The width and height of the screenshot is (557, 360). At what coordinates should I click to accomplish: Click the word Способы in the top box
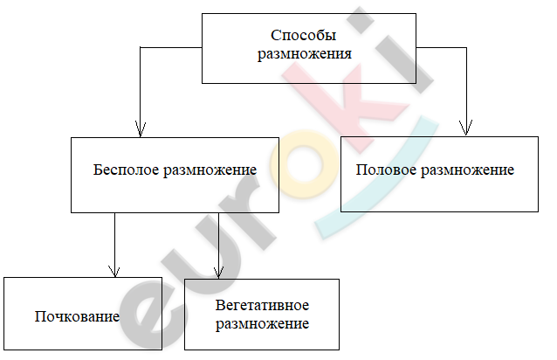click(x=303, y=36)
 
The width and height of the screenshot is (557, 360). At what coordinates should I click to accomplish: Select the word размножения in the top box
click(x=305, y=54)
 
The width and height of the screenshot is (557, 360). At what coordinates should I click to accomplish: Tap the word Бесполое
click(x=126, y=170)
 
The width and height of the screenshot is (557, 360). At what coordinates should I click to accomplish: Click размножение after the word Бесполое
click(x=210, y=170)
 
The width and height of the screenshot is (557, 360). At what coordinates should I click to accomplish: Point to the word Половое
click(x=386, y=170)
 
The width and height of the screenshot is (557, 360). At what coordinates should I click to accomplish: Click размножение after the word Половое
click(x=467, y=170)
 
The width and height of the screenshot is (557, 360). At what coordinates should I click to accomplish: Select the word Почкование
click(x=77, y=316)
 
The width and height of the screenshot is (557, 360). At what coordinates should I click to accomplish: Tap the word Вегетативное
click(x=262, y=305)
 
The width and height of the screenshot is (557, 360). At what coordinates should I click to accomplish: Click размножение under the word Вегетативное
click(x=262, y=324)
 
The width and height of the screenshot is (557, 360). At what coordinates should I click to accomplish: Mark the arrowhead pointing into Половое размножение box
click(x=465, y=128)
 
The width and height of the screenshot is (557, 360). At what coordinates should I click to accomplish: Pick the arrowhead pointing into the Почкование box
click(x=114, y=272)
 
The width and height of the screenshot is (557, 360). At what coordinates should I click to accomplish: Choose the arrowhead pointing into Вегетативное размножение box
click(x=218, y=273)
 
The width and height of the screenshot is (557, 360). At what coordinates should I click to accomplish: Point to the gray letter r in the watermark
click(x=245, y=217)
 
